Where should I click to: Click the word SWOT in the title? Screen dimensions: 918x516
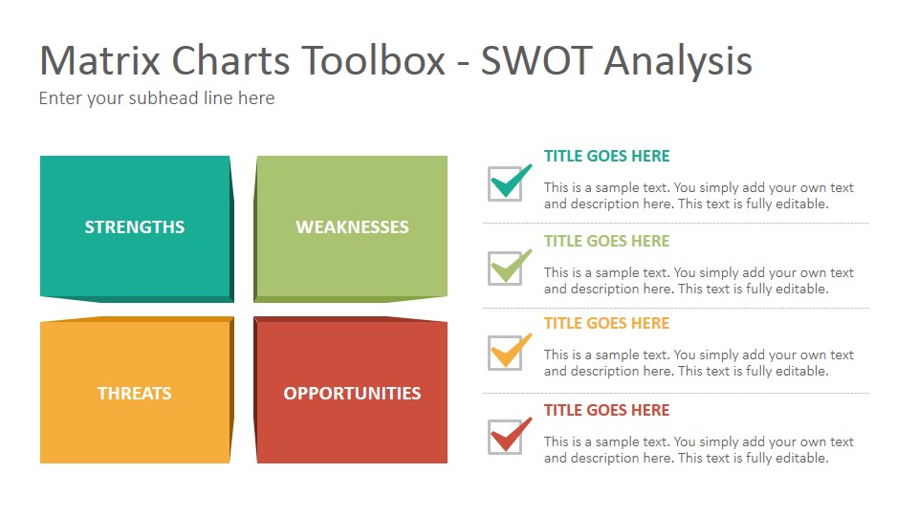coord(535,60)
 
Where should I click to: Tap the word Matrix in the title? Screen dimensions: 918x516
coord(100,60)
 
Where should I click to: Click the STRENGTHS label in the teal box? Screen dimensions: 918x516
coord(135,227)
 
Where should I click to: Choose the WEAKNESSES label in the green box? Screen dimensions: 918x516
coord(353,227)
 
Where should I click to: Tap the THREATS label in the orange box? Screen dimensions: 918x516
coord(135,393)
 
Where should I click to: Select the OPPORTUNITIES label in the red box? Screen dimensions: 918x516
coord(353,393)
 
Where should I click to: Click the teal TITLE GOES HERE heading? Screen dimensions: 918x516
coord(606,156)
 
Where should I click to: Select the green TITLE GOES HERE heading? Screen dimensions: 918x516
coord(606,241)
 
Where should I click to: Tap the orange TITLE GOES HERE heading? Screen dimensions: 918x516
coord(606,324)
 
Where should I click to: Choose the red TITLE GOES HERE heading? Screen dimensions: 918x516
coord(606,410)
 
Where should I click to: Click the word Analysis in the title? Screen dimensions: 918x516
coord(678,61)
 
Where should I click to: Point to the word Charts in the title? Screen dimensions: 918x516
coord(230,60)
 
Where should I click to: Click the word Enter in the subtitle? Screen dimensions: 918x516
coord(60,97)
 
